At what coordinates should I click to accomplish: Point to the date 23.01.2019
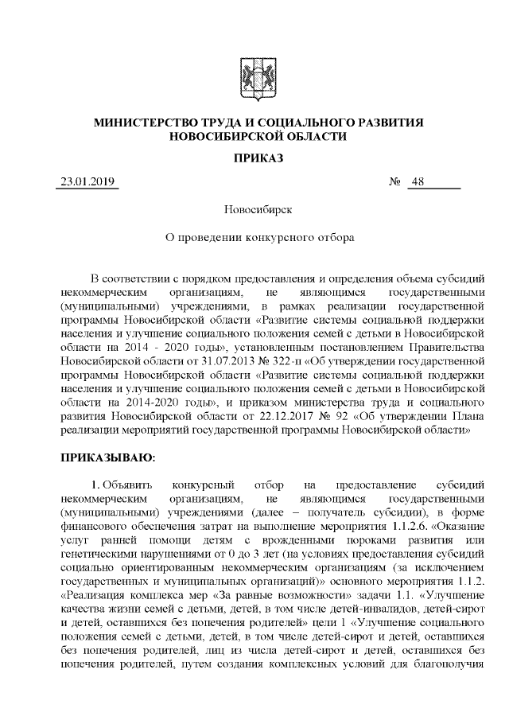click(x=87, y=182)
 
